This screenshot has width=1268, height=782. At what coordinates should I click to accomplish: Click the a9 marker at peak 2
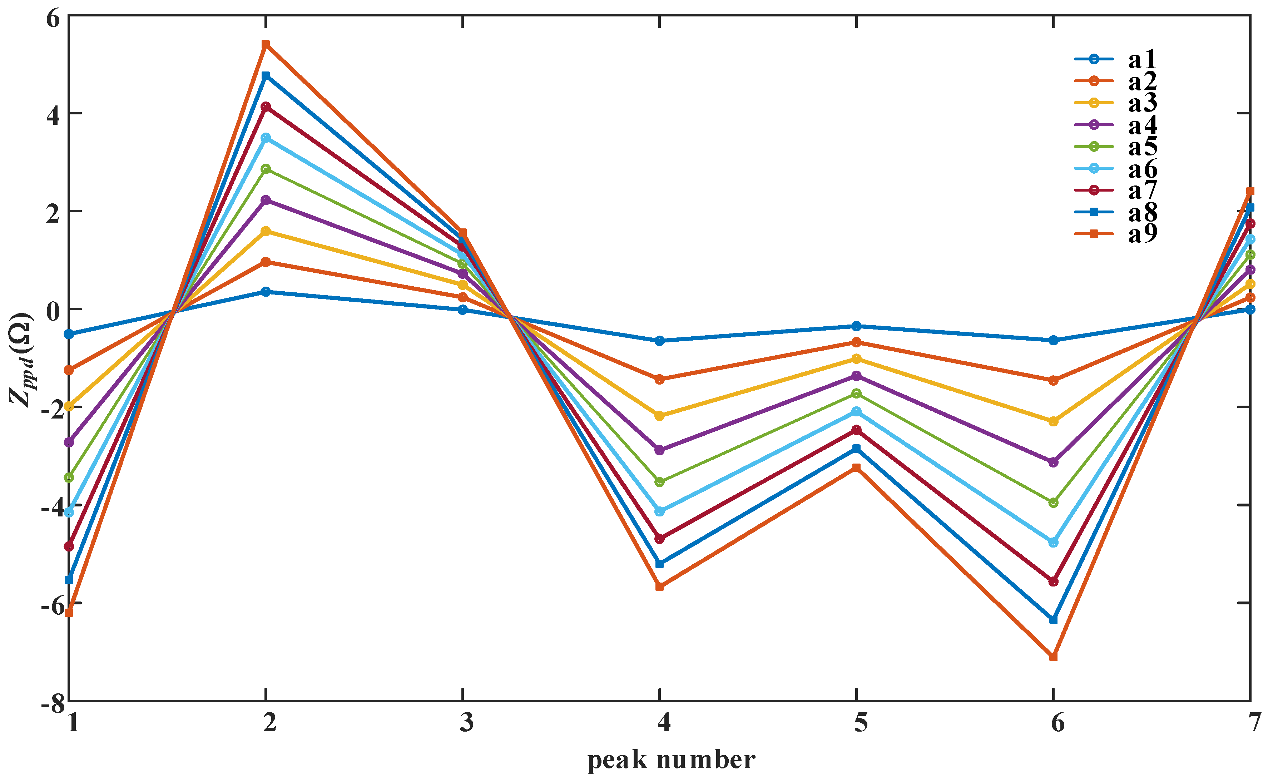266,44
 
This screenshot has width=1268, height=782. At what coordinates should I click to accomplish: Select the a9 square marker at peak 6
1054,657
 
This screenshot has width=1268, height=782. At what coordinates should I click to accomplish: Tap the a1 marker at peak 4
659,341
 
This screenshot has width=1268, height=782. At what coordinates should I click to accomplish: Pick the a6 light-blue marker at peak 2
266,138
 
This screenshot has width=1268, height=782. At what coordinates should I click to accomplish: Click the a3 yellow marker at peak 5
856,358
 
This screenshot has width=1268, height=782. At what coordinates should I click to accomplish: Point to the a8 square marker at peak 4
659,563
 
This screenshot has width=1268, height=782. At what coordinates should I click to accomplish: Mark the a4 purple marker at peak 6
1054,462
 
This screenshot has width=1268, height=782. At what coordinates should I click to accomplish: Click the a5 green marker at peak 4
659,482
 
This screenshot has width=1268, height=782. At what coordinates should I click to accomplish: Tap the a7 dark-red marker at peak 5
856,430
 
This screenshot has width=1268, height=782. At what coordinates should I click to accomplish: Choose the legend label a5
1142,147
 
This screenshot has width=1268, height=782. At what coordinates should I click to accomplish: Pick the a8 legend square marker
1094,212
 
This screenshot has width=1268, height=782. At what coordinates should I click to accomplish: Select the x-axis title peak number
671,760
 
